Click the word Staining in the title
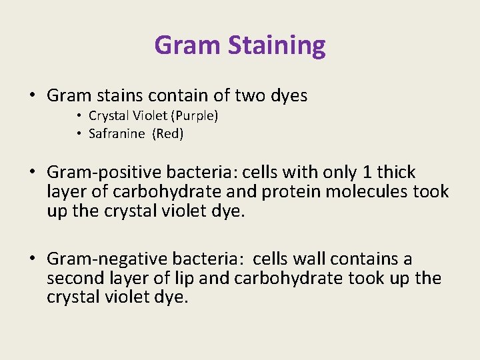pos(277,46)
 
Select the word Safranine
pos(117,133)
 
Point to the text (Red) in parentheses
pos(168,133)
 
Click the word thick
pos(396,173)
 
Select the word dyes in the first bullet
pos(288,96)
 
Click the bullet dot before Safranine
pos(79,134)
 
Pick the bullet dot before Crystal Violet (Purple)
pos(79,116)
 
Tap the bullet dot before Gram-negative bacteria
pos(33,259)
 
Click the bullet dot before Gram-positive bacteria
pos(33,173)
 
